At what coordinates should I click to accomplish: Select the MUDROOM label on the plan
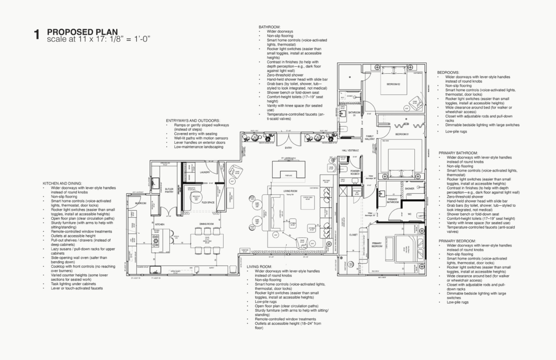141,203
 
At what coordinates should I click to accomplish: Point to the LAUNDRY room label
205,173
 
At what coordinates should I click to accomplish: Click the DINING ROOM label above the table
206,224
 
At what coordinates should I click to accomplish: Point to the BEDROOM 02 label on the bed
393,85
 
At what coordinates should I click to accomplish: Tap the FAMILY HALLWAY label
369,138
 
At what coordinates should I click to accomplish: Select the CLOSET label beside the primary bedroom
353,235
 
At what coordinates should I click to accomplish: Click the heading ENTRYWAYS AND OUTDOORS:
193,120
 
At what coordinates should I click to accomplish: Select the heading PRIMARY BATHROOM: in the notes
459,154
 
